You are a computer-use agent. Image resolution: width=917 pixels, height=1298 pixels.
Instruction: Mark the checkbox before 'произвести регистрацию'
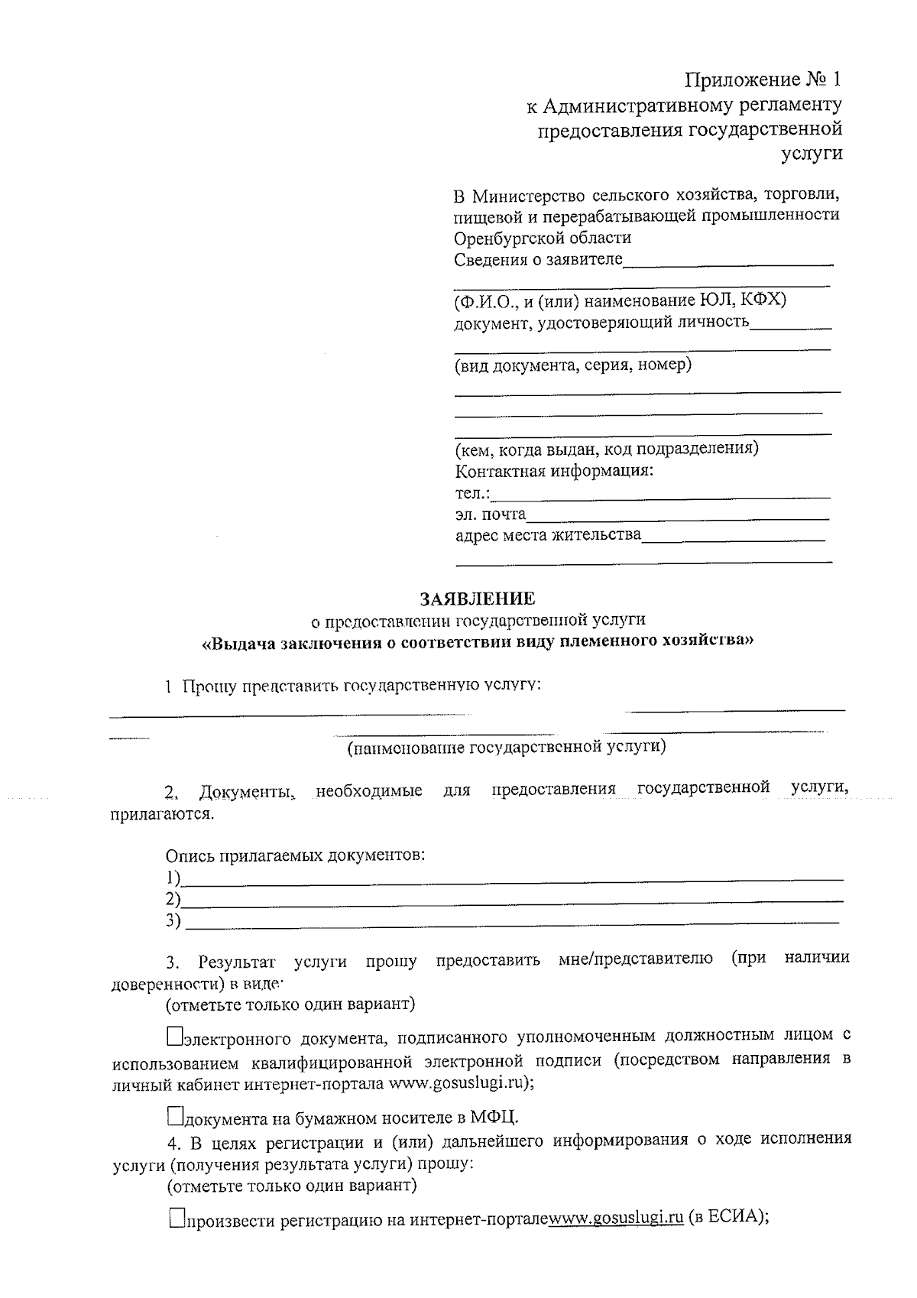(x=176, y=1218)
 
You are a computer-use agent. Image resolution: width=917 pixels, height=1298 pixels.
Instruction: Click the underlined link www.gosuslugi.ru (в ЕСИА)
(x=616, y=1218)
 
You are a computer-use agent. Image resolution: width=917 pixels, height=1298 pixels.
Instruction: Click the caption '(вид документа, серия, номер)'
(x=573, y=365)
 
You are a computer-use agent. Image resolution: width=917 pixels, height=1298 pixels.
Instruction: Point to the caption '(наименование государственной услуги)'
(x=507, y=747)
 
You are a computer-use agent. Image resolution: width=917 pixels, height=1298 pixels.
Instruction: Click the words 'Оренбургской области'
(x=543, y=237)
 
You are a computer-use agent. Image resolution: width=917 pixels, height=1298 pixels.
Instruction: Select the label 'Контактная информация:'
(x=554, y=470)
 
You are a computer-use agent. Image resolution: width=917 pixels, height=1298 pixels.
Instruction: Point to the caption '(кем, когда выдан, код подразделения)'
(x=607, y=448)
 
